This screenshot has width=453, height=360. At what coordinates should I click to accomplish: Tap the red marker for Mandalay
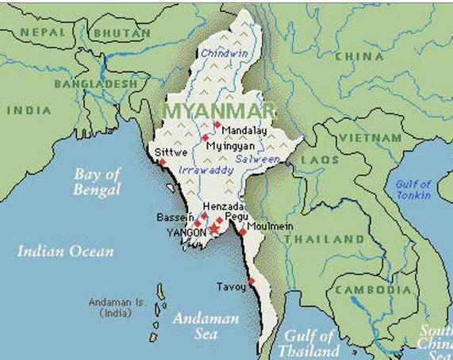217,124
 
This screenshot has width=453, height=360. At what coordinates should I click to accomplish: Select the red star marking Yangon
212,229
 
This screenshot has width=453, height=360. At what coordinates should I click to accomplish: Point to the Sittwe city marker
162,163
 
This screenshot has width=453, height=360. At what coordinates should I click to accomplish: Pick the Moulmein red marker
241,232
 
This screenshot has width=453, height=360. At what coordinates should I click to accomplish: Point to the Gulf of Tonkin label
413,190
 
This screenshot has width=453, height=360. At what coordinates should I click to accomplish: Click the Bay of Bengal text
97,182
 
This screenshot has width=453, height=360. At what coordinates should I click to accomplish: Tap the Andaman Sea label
215,326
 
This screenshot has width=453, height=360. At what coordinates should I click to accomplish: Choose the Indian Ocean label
65,251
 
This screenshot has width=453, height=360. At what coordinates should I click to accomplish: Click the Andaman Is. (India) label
114,308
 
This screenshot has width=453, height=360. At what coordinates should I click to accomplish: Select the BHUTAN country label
121,33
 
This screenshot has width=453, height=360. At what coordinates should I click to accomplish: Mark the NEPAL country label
43,33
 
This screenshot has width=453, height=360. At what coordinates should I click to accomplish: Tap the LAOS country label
319,160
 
